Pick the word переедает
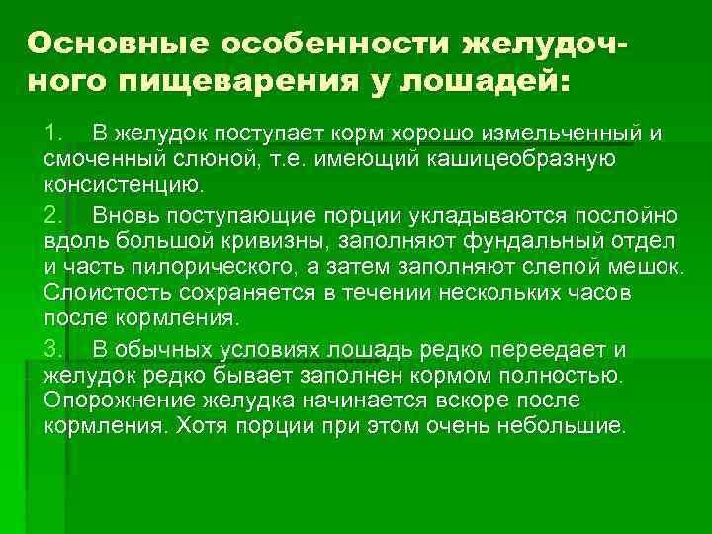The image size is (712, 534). point(544,349)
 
